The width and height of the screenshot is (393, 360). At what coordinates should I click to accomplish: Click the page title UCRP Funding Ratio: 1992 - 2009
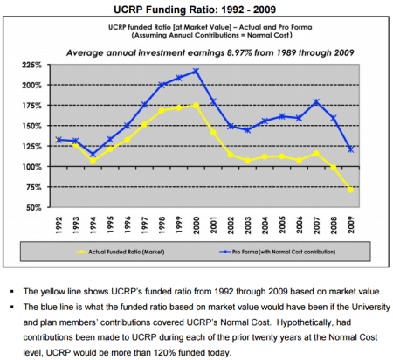[x=197, y=9]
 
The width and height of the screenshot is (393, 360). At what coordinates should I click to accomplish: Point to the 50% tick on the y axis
[x=31, y=207]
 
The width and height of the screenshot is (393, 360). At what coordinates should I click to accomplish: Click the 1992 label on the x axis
[x=59, y=225]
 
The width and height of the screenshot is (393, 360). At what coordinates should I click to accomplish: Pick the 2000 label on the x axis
[x=195, y=225]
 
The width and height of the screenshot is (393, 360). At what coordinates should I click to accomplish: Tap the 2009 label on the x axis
[x=351, y=225]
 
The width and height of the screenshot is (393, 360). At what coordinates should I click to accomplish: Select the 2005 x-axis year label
[x=281, y=225]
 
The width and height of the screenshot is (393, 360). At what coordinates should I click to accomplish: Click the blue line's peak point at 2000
[x=196, y=71]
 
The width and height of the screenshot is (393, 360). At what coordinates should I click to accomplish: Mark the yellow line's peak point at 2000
[x=196, y=105]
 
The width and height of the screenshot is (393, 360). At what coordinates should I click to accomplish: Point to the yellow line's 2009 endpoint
[x=351, y=190]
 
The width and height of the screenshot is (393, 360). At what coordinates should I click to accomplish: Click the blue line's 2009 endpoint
[x=351, y=149]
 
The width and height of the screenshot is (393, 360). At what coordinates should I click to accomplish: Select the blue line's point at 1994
[x=93, y=154]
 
